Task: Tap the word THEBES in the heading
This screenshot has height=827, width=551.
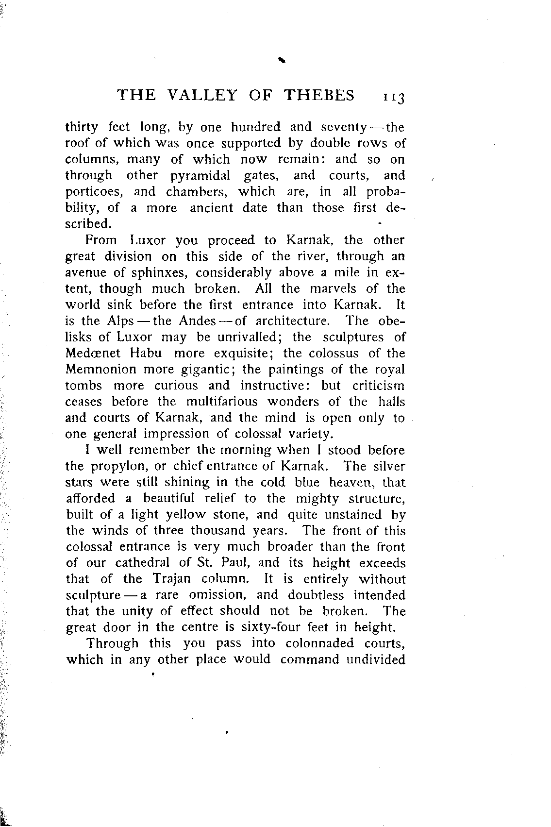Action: [x=319, y=95]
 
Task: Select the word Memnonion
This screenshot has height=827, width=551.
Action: [x=101, y=370]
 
